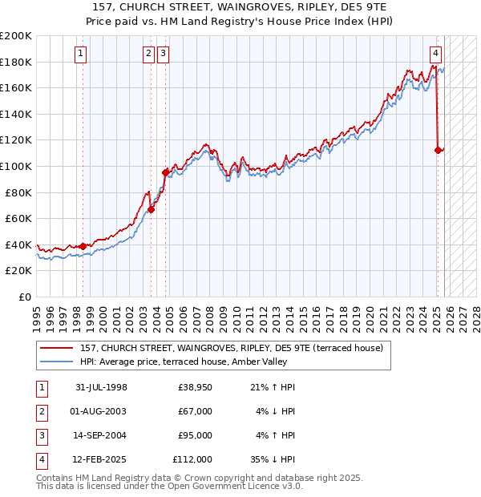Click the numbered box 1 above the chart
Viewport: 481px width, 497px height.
(83, 54)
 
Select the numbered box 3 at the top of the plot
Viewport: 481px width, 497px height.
(164, 54)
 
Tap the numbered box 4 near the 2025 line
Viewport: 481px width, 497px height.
(435, 54)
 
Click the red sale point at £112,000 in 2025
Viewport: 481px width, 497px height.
(438, 150)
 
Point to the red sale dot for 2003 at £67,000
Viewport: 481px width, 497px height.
(151, 210)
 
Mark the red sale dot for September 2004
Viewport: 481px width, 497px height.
(166, 172)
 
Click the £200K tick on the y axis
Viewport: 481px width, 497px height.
(16, 36)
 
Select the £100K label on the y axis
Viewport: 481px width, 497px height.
(16, 166)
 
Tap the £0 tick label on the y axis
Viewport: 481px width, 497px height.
(23, 297)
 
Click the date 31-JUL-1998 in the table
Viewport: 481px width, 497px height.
(102, 388)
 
